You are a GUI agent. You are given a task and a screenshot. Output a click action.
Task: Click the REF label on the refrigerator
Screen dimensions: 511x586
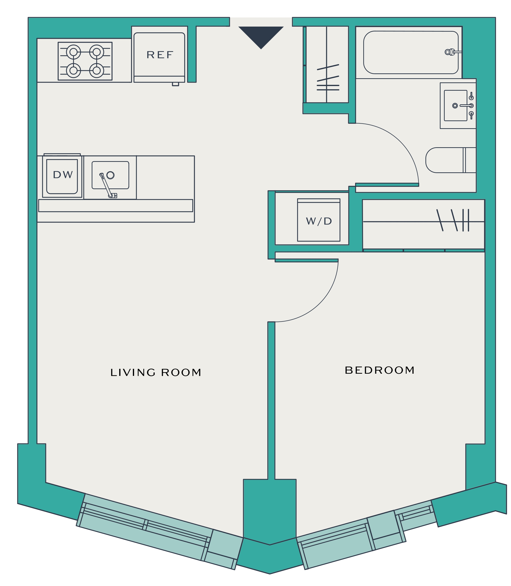[x=160, y=55]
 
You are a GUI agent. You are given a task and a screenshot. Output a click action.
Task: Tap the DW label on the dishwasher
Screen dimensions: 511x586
[x=63, y=175]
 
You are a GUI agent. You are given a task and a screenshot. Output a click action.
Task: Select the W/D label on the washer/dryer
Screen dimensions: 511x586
[x=319, y=221]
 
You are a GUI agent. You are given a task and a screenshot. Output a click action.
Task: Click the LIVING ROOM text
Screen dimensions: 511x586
[x=156, y=372]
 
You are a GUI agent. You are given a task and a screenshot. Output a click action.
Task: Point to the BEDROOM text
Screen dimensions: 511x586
[x=380, y=370]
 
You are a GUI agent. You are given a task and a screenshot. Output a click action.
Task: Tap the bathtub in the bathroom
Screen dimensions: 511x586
[x=411, y=52]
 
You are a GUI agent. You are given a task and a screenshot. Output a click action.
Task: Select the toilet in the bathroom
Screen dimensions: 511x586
[x=451, y=160]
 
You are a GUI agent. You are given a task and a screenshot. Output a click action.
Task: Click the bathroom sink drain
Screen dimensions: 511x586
[x=455, y=106]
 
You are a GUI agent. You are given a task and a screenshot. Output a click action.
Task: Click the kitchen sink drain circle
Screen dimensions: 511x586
[x=110, y=175]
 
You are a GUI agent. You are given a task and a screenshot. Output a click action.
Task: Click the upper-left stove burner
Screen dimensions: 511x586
[x=74, y=52]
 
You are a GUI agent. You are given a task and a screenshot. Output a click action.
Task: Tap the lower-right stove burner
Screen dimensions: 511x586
[x=97, y=70]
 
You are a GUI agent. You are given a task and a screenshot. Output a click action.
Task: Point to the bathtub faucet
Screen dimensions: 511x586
[x=453, y=52]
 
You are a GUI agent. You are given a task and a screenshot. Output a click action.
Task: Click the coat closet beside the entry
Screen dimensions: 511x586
[x=327, y=64]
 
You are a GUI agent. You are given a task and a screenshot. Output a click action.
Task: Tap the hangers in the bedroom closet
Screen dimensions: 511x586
[x=453, y=220]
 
